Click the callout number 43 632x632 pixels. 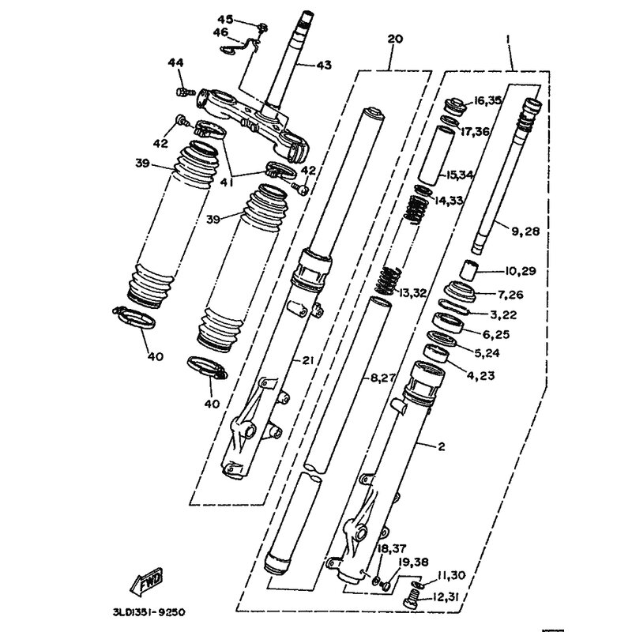click(325, 65)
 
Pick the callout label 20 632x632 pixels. click(396, 39)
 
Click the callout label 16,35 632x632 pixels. click(487, 100)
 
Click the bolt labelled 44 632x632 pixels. click(184, 92)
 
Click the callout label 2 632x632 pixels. click(441, 447)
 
